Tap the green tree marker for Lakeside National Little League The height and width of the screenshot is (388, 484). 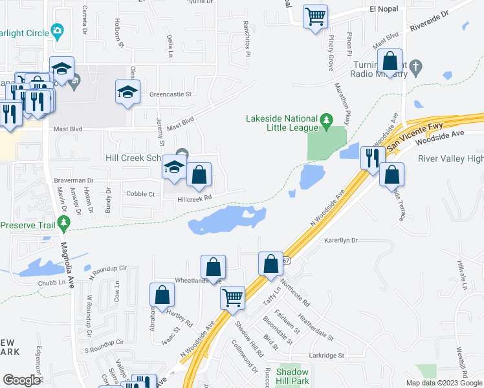coord(327,120)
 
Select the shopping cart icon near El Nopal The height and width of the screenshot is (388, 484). coord(315,16)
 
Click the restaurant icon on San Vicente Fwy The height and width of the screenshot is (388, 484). coord(371,157)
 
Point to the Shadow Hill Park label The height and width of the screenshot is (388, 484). coord(292,376)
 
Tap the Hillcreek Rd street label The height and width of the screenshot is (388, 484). coord(195,199)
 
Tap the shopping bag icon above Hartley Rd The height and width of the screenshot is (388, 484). coord(162,295)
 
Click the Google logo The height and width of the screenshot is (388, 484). coord(21,380)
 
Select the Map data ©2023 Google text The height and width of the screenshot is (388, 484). coord(443,383)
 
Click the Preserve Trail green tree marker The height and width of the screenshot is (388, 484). coord(63,224)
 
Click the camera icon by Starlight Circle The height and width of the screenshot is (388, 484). coord(58,30)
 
